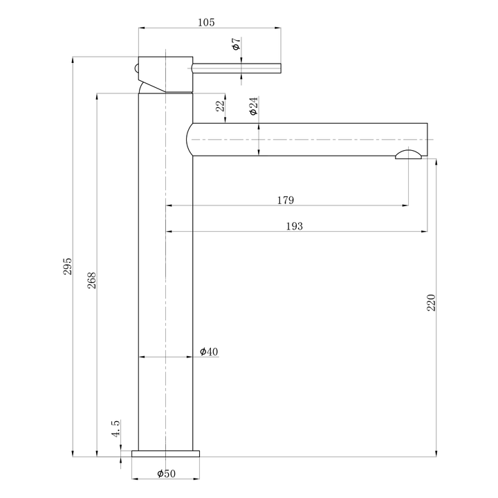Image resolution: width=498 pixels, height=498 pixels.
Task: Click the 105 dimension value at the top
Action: pyautogui.click(x=206, y=22)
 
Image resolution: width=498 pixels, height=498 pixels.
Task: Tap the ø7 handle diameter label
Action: pyautogui.click(x=236, y=45)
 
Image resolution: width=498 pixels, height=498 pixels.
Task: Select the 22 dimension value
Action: pyautogui.click(x=219, y=107)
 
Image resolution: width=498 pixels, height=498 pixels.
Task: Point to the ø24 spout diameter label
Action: pyautogui.click(x=253, y=106)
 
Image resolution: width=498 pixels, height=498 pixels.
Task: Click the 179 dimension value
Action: pyautogui.click(x=285, y=201)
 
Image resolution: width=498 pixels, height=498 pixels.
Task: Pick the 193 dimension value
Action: pyautogui.click(x=293, y=226)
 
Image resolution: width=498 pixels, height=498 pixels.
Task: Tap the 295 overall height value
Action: pyautogui.click(x=67, y=267)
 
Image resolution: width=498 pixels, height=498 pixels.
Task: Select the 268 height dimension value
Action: pyautogui.click(x=92, y=280)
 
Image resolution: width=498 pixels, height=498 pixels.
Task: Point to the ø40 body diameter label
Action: pyautogui.click(x=209, y=352)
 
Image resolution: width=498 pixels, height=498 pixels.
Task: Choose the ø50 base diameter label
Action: pyautogui.click(x=166, y=474)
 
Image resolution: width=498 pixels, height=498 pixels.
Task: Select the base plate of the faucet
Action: pyautogui.click(x=165, y=454)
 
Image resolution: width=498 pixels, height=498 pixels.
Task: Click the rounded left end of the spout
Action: pyautogui.click(x=191, y=140)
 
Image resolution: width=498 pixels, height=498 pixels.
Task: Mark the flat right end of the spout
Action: pyautogui.click(x=427, y=140)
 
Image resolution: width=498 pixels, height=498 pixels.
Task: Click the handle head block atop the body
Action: pyautogui.click(x=166, y=73)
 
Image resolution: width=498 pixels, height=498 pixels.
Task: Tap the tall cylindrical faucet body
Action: pyautogui.click(x=165, y=277)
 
